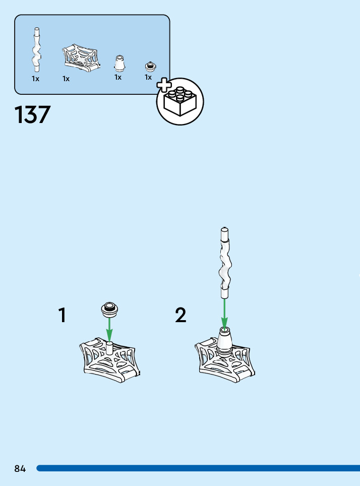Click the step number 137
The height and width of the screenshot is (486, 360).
point(33,114)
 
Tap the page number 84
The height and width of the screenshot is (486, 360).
point(20,468)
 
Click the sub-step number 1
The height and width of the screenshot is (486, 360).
point(62,316)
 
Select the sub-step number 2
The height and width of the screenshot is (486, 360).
point(181,316)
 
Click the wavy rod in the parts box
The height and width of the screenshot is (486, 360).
point(36,50)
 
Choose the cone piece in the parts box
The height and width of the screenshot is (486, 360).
point(119,64)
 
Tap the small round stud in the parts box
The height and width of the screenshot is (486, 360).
point(149,66)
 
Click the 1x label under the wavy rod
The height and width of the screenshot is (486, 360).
point(35,79)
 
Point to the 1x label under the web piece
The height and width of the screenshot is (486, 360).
point(66,79)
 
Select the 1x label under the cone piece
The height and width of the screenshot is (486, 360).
point(118,77)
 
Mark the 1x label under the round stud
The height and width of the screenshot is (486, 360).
point(148,77)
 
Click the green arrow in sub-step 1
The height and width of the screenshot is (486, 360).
point(109,330)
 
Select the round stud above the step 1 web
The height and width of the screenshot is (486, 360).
point(109,309)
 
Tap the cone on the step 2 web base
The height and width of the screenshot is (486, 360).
point(225,340)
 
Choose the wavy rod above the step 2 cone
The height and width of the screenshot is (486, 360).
point(224,262)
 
